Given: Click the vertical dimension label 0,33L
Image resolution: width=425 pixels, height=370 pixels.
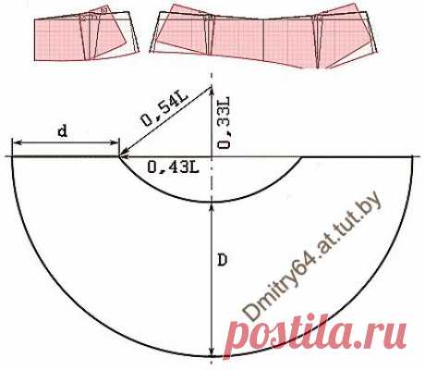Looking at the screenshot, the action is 224,124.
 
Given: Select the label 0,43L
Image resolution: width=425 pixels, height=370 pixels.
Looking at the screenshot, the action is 173,167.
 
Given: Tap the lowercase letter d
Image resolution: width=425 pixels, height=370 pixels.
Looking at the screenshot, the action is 63,131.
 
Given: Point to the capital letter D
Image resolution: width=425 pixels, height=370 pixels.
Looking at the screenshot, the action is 222,261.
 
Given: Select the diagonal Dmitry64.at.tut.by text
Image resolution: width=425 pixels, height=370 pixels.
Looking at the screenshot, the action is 312,256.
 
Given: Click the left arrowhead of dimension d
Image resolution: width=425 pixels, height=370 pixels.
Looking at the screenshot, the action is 16,142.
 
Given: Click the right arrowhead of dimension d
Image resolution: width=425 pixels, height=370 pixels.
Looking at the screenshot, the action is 115,142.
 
